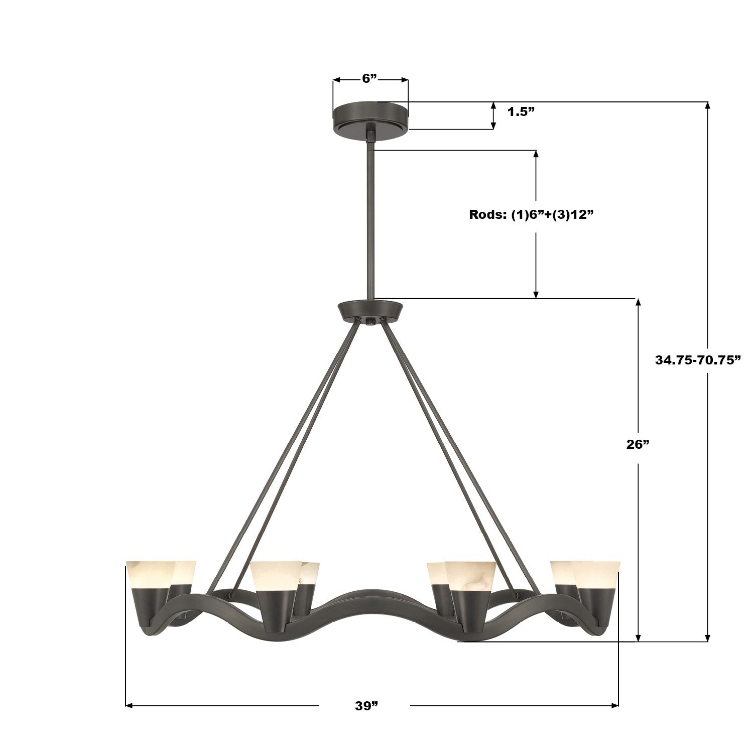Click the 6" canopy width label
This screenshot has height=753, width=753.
(x=369, y=78)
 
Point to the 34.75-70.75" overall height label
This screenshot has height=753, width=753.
(x=698, y=359)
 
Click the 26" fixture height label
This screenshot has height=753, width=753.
(x=638, y=444)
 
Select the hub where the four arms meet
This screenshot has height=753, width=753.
(x=370, y=311)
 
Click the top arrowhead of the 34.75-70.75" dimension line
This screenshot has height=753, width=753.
(x=708, y=105)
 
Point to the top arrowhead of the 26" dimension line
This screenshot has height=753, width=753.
(x=639, y=302)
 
